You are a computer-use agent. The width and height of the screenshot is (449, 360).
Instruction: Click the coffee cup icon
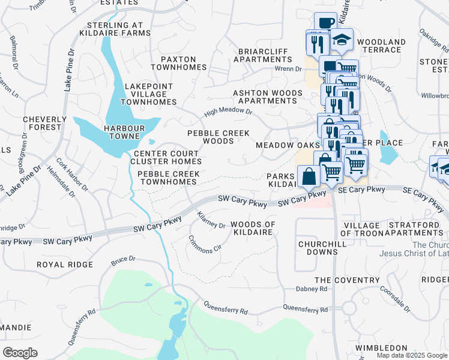[x=325, y=23]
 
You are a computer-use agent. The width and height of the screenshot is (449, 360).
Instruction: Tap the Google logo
[x=20, y=352]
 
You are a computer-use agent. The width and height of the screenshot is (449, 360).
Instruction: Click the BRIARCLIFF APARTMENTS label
[x=262, y=55]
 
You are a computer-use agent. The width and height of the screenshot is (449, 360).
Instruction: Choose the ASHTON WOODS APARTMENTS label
[x=267, y=97]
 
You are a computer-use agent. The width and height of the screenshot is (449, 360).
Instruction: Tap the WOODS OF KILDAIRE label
[x=253, y=228]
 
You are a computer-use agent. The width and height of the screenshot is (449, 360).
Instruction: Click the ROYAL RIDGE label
[x=65, y=264]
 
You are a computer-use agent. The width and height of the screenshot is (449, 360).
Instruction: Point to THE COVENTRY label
[x=347, y=280]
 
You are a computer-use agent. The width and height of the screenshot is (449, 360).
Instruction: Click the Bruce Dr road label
[x=123, y=261]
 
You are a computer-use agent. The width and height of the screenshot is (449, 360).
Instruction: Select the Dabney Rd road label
[x=311, y=289]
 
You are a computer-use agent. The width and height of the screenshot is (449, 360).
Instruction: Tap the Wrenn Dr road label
[x=288, y=69]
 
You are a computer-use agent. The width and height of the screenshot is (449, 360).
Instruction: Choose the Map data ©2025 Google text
[x=412, y=355]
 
